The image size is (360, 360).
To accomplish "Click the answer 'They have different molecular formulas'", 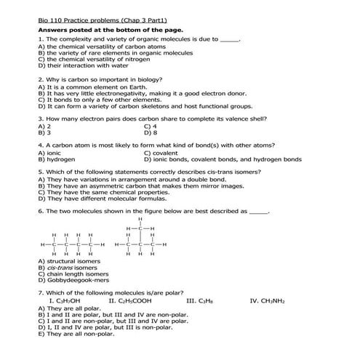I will pyautogui.click(x=98, y=198).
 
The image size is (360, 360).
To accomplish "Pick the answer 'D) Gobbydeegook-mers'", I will pyautogui.click(x=73, y=279).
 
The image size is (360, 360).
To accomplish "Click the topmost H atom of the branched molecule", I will pyautogui.click(x=140, y=217).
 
